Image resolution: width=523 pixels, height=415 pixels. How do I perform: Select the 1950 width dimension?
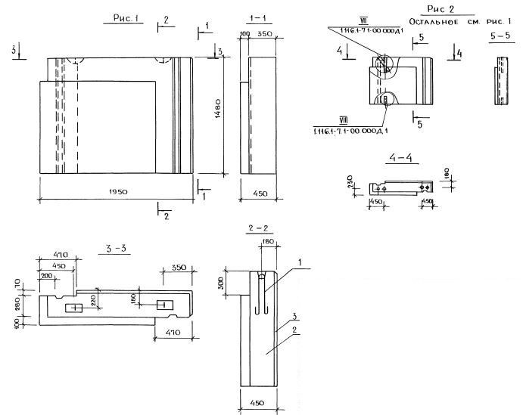point(114,193)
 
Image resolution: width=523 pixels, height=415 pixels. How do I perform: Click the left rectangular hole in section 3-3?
point(75,308)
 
